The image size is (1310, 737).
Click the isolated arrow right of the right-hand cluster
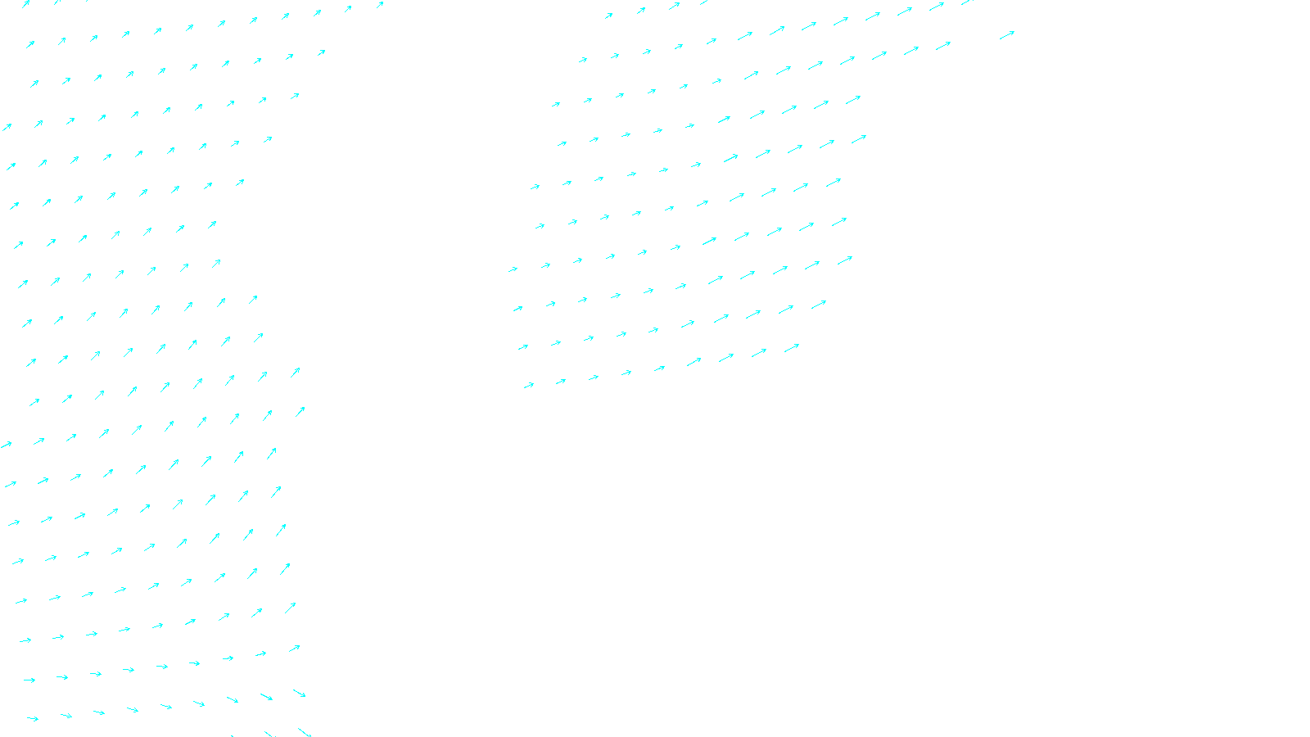[1007, 34]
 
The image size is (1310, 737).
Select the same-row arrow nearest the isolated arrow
[943, 46]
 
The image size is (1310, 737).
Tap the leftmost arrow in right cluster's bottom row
[529, 385]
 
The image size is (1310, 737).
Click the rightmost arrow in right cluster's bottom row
[792, 348]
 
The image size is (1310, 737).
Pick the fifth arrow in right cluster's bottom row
[659, 368]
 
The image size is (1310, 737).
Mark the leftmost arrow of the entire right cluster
[513, 269]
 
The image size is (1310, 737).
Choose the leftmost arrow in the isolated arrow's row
[582, 59]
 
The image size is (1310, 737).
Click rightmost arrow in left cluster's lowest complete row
[300, 694]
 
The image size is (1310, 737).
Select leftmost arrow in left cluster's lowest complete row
[32, 719]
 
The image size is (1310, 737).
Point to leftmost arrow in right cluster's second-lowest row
[522, 347]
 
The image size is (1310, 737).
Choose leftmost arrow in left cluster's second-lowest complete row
[29, 680]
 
